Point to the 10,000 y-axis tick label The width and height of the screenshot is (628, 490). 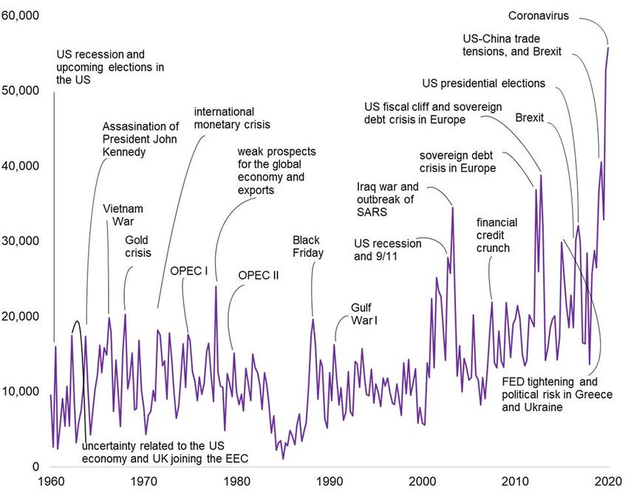tap(20, 391)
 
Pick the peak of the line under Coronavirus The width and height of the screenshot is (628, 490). tap(608, 48)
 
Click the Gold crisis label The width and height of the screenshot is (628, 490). tap(137, 247)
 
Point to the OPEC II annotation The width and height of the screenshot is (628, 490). tap(259, 275)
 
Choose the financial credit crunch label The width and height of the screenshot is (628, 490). tap(496, 235)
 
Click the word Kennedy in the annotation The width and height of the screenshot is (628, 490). tap(123, 151)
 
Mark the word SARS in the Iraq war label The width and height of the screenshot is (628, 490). tap(371, 213)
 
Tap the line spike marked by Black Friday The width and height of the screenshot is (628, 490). tap(313, 319)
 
